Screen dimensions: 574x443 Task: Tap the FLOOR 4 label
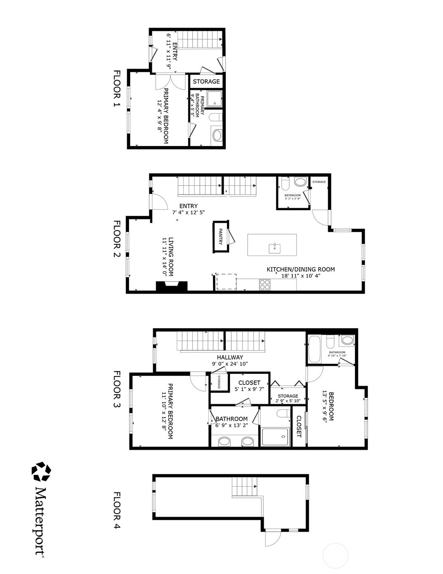point(117,510)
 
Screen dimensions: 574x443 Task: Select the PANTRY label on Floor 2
point(220,236)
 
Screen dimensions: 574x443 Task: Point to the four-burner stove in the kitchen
point(265,284)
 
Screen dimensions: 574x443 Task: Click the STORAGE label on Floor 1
point(206,81)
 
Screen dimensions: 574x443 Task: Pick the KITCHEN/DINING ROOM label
point(300,269)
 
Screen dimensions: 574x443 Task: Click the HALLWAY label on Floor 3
point(230,357)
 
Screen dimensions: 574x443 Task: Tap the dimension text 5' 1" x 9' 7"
point(249,389)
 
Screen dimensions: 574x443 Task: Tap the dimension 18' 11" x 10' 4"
point(300,275)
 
